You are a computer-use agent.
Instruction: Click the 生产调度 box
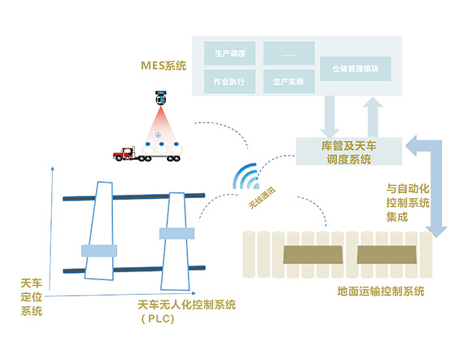pyautogui.click(x=229, y=53)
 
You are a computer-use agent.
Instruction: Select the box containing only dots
pyautogui.click(x=289, y=53)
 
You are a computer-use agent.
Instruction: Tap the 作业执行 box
pyautogui.click(x=229, y=81)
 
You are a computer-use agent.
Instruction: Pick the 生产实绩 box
pyautogui.click(x=289, y=81)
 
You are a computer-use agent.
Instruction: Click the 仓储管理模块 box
pyautogui.click(x=356, y=68)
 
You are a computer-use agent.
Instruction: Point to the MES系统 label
pyautogui.click(x=164, y=66)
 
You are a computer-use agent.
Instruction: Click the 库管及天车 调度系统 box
pyautogui.click(x=349, y=152)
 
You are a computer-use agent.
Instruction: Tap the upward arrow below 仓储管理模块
pyautogui.click(x=373, y=116)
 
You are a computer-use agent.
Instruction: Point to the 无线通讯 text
pyautogui.click(x=262, y=197)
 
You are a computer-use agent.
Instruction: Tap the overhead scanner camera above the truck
pyautogui.click(x=162, y=97)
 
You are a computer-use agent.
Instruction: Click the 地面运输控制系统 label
pyautogui.click(x=381, y=292)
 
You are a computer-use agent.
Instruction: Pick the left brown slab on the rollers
pyautogui.click(x=313, y=254)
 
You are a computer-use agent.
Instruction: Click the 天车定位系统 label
pyautogui.click(x=31, y=297)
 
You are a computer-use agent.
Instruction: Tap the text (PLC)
pyautogui.click(x=157, y=319)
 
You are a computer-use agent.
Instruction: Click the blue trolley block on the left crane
pyautogui.click(x=99, y=250)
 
